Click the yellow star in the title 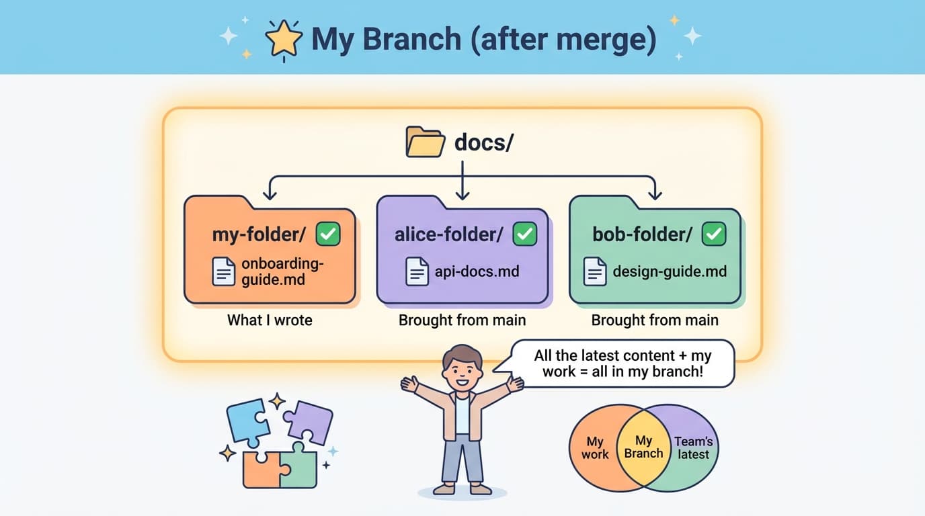tap(284, 40)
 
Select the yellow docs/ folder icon tap(426, 142)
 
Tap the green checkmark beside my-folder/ tap(328, 234)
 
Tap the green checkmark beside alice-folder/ tap(524, 234)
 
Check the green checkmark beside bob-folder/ tap(713, 234)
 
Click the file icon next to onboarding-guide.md tap(224, 272)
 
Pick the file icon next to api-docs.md tap(417, 271)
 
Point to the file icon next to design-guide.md tap(595, 271)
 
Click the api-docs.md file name tap(477, 271)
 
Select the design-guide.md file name tap(670, 271)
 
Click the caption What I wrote tap(270, 320)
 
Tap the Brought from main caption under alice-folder tap(462, 320)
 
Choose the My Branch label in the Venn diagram tap(643, 447)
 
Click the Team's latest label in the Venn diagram tap(693, 447)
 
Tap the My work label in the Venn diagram tap(595, 447)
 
